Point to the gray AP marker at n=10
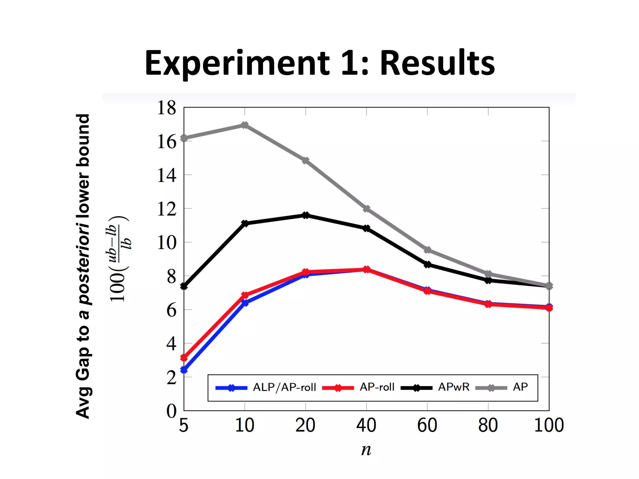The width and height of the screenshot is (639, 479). [x=245, y=125]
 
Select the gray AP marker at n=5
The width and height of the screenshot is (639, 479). [x=184, y=138]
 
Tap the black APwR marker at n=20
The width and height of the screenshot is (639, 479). [x=305, y=215]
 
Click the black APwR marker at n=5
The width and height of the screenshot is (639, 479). [x=184, y=286]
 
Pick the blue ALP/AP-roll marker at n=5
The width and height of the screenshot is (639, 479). [x=184, y=370]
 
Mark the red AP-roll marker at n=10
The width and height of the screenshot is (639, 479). [x=245, y=295]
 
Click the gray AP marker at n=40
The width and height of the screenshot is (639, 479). [x=367, y=209]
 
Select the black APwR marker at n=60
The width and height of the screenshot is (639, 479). [x=427, y=265]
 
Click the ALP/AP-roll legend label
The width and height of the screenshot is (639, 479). [x=284, y=387]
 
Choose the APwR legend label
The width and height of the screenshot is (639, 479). [x=454, y=387]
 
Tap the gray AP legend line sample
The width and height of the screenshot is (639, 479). [x=491, y=388]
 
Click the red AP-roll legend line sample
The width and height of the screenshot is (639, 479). [x=338, y=388]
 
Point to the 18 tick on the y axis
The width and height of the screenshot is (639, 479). [x=167, y=108]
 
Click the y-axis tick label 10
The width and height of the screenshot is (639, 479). [x=167, y=243]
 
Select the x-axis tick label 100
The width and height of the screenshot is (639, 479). [x=549, y=425]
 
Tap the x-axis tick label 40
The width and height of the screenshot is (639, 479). [x=366, y=425]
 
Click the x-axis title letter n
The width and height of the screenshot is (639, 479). [x=366, y=450]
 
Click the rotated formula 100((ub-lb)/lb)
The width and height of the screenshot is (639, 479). [x=119, y=259]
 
